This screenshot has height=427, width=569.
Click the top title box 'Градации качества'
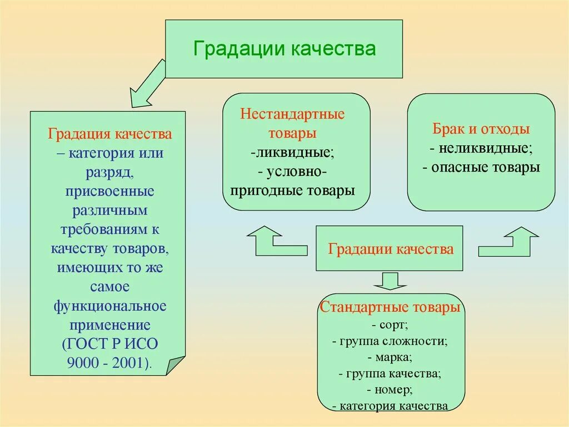[x=284, y=48]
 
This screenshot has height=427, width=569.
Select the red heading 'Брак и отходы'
[x=481, y=130]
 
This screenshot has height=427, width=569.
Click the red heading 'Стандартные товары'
[x=390, y=307]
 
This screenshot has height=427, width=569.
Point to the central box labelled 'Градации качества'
[x=391, y=249]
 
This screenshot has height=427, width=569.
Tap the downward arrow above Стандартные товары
[x=391, y=281]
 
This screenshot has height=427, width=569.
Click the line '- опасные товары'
[x=481, y=168]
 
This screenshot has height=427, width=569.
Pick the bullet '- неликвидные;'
[x=481, y=149]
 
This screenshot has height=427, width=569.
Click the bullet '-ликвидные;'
[x=292, y=153]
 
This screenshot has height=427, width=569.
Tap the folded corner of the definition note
[x=175, y=366]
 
